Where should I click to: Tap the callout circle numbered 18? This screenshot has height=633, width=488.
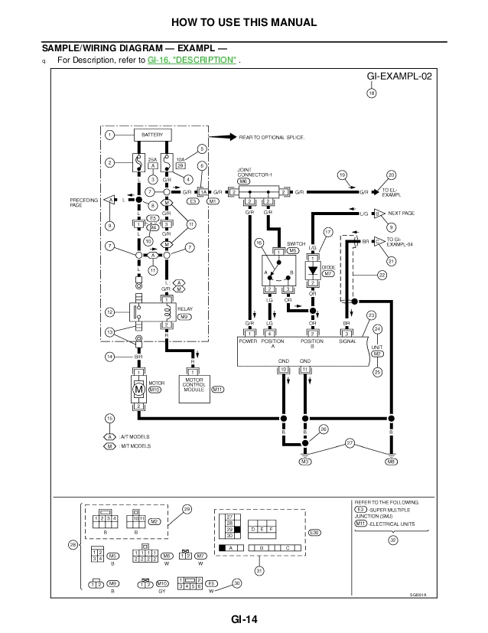pyautogui.click(x=372, y=94)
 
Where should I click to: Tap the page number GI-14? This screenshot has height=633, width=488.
pyautogui.click(x=243, y=621)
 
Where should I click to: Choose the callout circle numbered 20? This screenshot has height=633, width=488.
pyautogui.click(x=392, y=175)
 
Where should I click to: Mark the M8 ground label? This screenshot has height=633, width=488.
pyautogui.click(x=391, y=462)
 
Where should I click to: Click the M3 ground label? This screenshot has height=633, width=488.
pyautogui.click(x=305, y=462)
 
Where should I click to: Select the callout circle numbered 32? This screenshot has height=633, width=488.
pyautogui.click(x=392, y=540)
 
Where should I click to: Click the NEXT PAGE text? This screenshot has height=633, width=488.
pyautogui.click(x=401, y=214)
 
